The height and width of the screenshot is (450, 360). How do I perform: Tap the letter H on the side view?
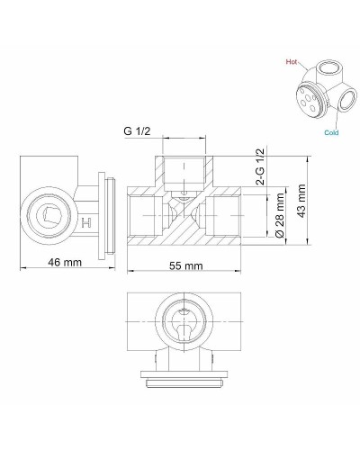pyautogui.click(x=86, y=221)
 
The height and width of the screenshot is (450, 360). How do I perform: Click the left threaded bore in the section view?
pyautogui.click(x=143, y=215)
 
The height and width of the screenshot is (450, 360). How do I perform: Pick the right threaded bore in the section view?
pyautogui.click(x=225, y=215)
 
